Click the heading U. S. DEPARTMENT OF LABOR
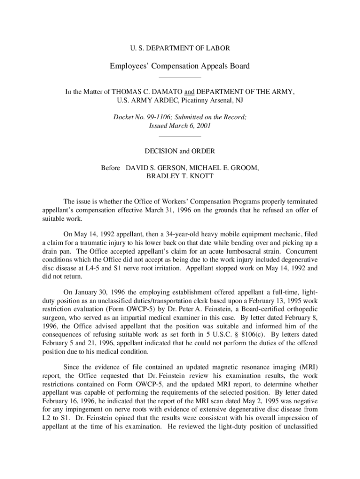180,48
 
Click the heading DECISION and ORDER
180,151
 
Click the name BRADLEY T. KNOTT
180,176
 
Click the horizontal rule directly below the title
180,78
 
